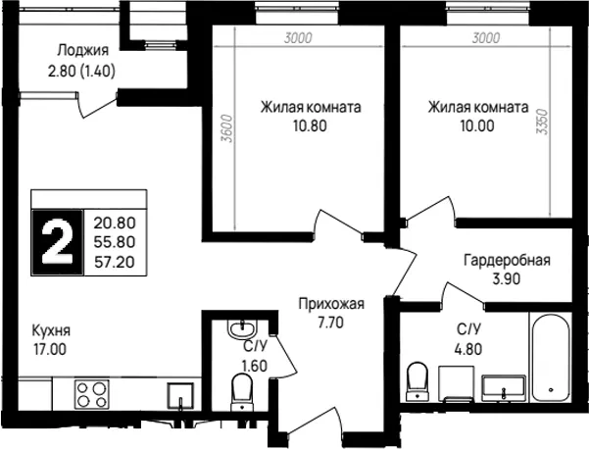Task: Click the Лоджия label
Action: coord(82,50)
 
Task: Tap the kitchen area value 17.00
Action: coord(50,349)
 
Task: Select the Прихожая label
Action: coord(331,304)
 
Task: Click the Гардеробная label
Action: coord(507,260)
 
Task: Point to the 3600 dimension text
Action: coord(227,128)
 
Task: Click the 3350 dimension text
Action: coord(542,122)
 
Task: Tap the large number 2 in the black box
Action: coord(57,242)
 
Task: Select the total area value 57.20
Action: coord(115,262)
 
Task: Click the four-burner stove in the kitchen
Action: coord(92,394)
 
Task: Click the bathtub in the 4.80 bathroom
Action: coord(551,357)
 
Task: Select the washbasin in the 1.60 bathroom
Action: coord(241,329)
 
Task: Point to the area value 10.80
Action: coord(310,125)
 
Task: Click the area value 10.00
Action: coord(477,125)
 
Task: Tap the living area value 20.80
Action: coord(115,224)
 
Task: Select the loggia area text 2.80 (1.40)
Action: coord(81,71)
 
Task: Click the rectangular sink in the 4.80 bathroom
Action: coord(503,386)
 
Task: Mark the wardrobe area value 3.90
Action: coord(506,278)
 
